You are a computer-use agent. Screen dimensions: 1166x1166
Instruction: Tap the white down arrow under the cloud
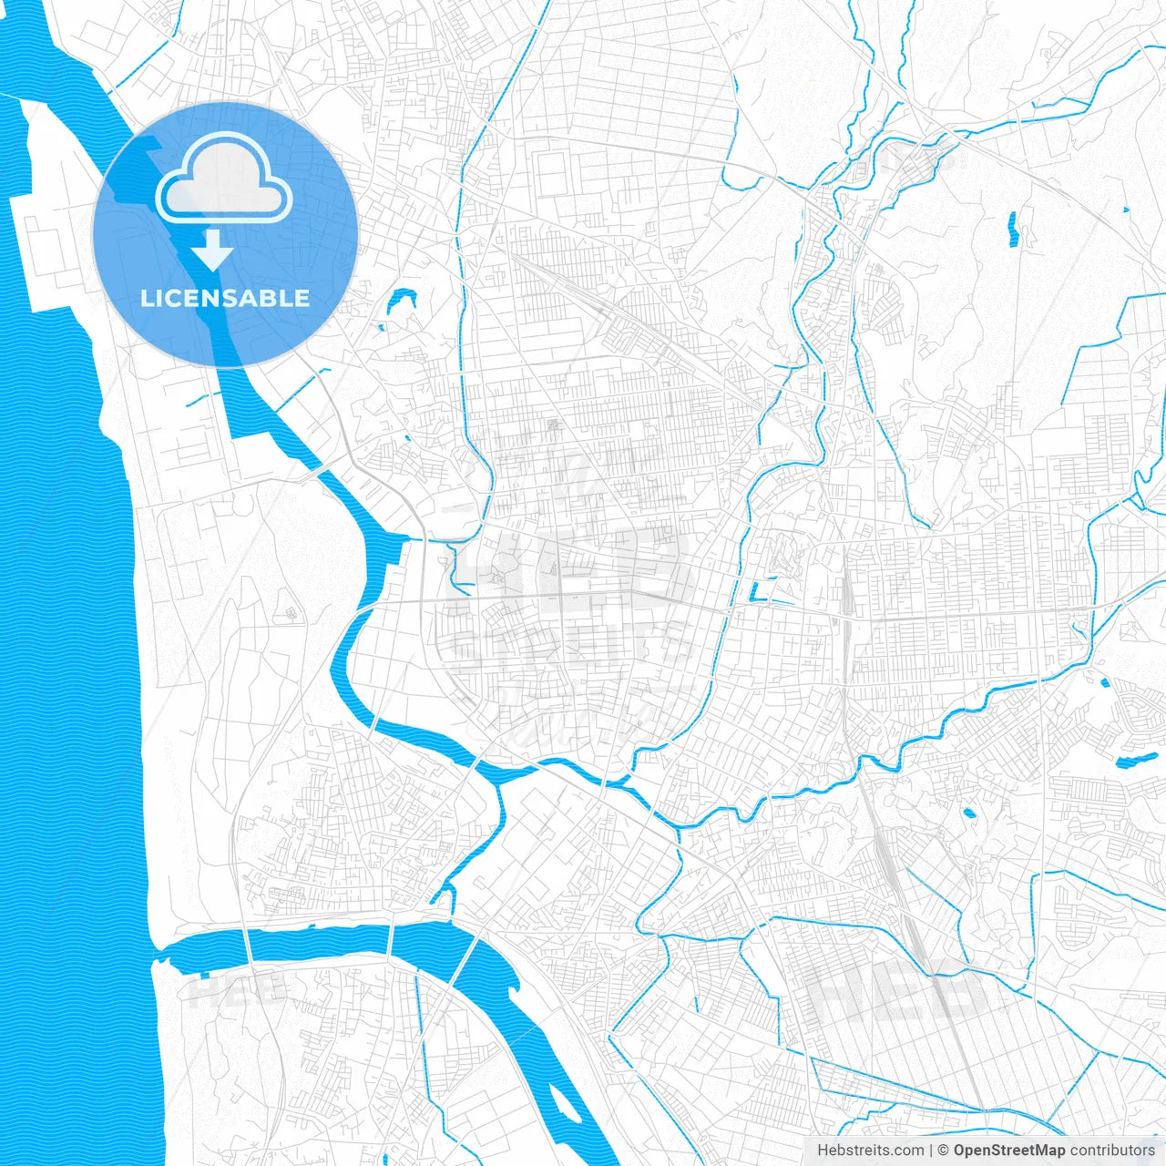[x=212, y=251]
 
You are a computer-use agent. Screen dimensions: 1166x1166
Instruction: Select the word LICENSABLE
[x=225, y=298]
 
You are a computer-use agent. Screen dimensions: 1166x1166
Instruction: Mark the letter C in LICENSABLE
[x=173, y=298]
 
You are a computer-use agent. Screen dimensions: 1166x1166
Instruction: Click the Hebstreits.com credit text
[x=870, y=1151]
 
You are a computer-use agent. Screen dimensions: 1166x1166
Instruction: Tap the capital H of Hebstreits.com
[x=823, y=1151]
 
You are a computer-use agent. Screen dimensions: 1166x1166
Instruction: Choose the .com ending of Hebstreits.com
[x=908, y=1151]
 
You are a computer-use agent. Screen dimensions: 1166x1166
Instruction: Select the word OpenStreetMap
[x=1008, y=1151]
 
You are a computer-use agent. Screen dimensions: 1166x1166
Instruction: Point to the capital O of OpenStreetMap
[x=959, y=1151]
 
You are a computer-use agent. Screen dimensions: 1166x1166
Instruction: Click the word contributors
[x=1112, y=1151]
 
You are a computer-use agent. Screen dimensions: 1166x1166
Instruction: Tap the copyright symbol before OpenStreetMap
[x=944, y=1151]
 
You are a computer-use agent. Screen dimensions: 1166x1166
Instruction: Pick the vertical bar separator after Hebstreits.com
[x=931, y=1151]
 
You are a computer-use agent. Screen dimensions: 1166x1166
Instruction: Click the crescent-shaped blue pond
[x=401, y=300]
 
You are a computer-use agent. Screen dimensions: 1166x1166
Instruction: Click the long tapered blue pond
[x=1136, y=761]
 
